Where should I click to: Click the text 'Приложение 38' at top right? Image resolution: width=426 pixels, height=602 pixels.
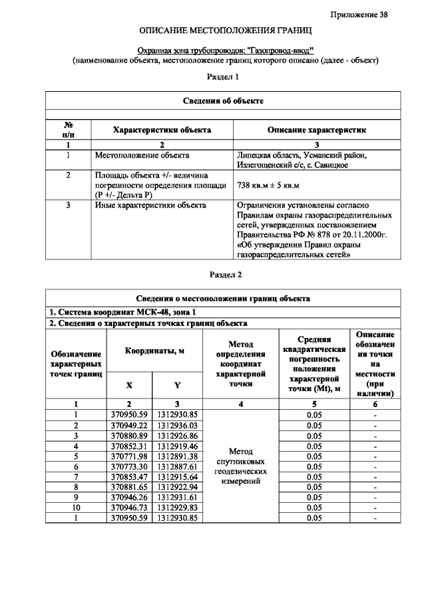coord(359,15)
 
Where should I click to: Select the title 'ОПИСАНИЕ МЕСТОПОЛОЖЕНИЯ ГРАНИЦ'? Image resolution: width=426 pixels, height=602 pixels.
coord(225,31)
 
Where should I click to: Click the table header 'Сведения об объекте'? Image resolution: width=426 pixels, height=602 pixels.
coord(224,100)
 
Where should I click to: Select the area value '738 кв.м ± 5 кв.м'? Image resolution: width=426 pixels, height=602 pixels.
coord(269,185)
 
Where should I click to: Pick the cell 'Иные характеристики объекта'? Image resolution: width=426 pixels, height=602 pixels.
coord(148,206)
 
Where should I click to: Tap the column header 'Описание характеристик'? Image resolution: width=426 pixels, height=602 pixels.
coord(316,130)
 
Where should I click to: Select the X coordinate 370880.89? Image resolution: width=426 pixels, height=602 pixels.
coord(129,435)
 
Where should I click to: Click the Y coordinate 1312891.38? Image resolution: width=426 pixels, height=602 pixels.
coord(177,456)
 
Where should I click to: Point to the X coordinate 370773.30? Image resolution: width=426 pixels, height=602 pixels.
coord(129,466)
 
